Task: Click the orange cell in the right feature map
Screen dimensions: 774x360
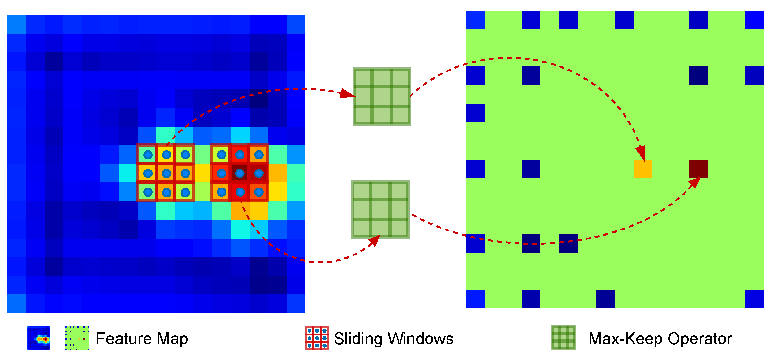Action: [x=642, y=169]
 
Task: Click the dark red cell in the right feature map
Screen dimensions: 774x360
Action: [x=698, y=169]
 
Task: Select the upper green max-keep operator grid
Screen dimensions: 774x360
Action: [x=381, y=96]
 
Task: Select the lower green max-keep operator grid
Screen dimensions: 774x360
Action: [x=380, y=209]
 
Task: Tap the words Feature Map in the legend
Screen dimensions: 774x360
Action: [x=142, y=339]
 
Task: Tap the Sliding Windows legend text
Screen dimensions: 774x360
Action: [x=394, y=339]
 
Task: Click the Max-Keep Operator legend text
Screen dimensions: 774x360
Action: [x=660, y=339]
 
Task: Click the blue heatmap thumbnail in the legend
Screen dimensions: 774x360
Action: [x=38, y=338]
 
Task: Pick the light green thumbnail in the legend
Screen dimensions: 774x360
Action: [x=77, y=338]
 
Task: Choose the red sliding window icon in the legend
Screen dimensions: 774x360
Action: [x=317, y=338]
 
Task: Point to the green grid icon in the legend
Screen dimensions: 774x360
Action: [x=563, y=338]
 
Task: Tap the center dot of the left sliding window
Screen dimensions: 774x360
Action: [x=166, y=173]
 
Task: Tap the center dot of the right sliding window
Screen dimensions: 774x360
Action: [x=240, y=173]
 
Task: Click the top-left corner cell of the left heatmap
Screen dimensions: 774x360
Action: [x=16, y=24]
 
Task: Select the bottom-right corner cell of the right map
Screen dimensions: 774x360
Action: [x=754, y=299]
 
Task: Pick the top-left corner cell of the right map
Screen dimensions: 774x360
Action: [x=475, y=20]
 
